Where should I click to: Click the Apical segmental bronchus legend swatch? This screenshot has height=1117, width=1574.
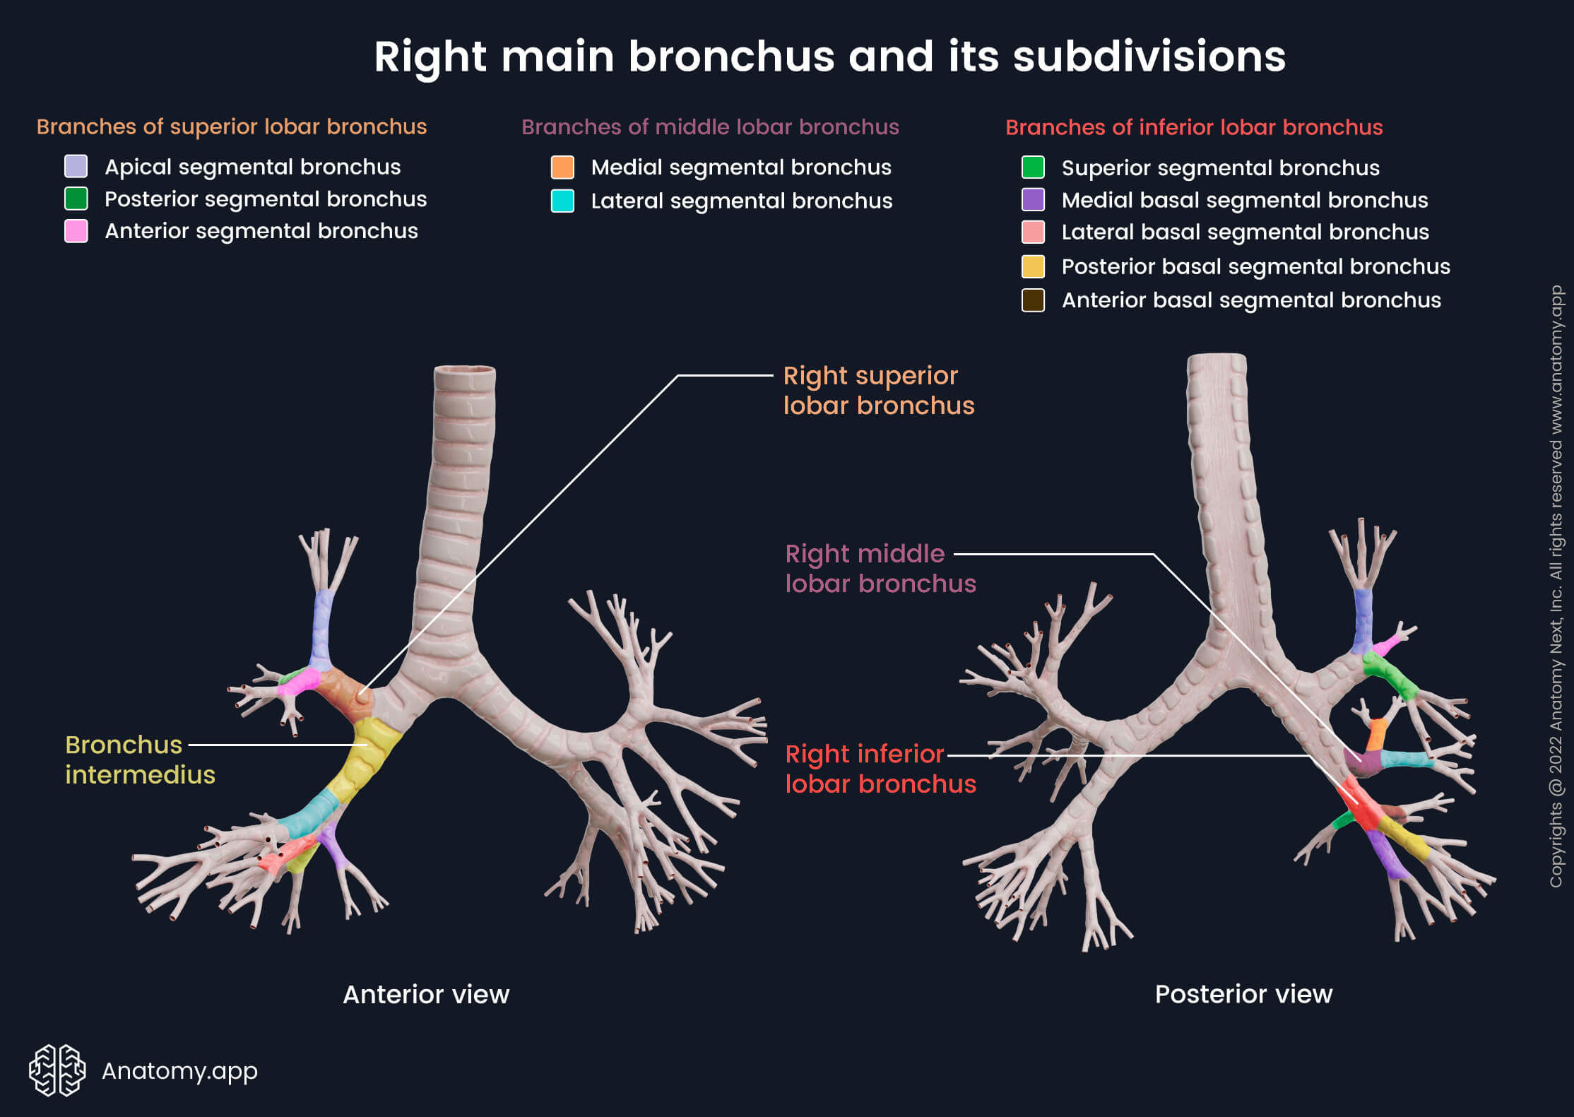76,167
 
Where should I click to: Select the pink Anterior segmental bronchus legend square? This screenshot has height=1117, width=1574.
76,231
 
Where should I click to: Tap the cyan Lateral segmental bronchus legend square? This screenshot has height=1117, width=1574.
562,201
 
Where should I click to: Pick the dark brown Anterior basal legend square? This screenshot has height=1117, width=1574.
1033,300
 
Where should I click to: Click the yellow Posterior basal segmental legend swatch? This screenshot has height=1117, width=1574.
1033,266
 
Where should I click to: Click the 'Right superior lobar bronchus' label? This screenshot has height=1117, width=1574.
878,391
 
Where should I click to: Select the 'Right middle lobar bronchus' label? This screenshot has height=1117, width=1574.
880,569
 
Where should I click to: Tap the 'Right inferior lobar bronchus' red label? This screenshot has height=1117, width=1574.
880,769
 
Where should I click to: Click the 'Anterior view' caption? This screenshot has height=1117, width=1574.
425,994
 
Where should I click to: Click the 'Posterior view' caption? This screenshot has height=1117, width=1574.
1243,994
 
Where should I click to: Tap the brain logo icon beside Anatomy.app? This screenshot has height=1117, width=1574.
57,1070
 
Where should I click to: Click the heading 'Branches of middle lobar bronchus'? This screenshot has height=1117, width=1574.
709,127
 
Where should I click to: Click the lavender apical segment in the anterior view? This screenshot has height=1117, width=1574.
323,625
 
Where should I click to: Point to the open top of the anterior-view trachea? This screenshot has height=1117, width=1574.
464,370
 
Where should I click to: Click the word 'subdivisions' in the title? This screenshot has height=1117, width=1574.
1149,57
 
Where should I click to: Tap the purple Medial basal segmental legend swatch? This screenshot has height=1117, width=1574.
1033,200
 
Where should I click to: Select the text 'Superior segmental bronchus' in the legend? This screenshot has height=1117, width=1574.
1220,168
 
